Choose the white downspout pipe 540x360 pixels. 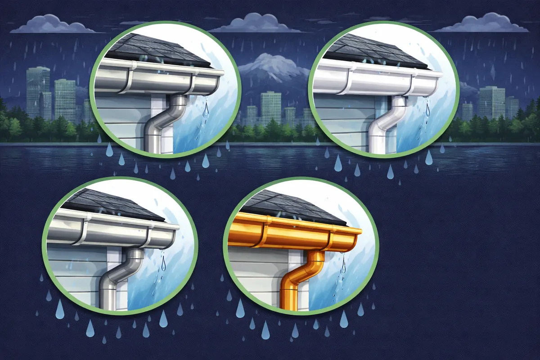click(x=380, y=126)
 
